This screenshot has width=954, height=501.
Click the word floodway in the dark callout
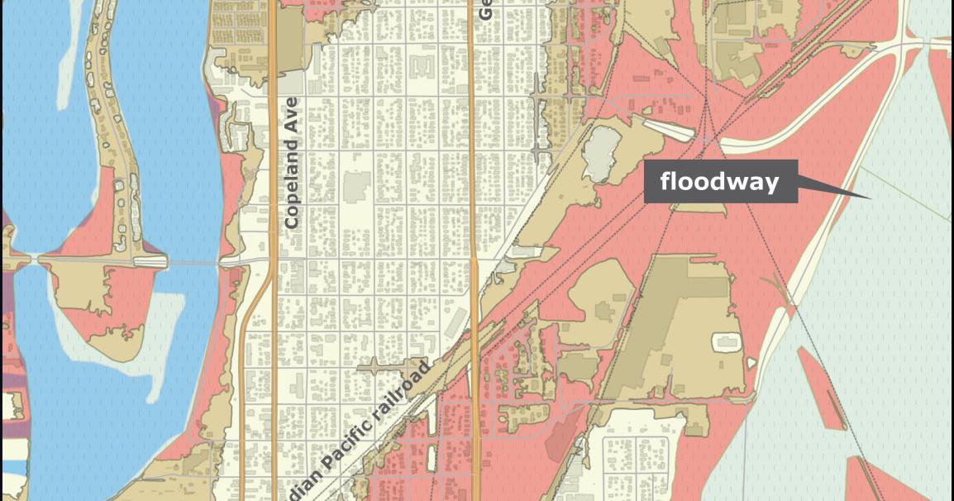719,182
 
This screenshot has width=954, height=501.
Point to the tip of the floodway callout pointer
870,198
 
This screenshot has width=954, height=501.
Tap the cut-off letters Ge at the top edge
485,9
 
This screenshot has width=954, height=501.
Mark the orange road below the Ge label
473,124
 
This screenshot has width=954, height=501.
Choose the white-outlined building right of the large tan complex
725,341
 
